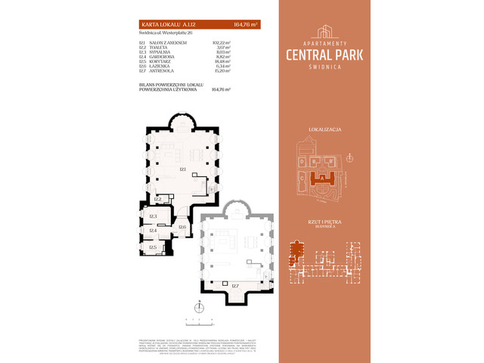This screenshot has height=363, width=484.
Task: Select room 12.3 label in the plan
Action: [x=152, y=217]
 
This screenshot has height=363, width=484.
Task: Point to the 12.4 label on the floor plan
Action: [x=152, y=231]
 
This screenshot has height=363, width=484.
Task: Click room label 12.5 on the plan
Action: [x=152, y=247]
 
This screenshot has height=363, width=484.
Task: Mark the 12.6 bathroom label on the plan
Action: [x=182, y=227]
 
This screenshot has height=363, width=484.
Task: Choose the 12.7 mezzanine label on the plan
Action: [x=235, y=286]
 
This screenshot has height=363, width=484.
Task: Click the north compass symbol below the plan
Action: [x=199, y=307]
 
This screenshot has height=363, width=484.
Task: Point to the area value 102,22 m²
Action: [x=222, y=43]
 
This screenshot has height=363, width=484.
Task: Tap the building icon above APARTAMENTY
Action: [x=325, y=32]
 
